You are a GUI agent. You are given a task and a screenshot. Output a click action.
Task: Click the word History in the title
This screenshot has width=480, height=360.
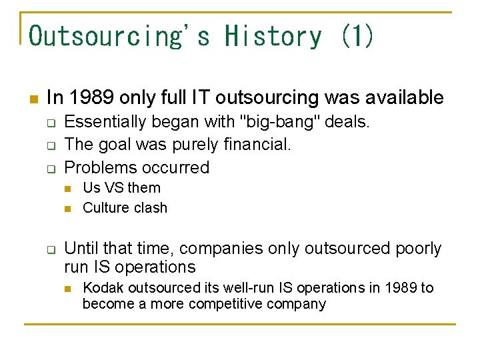click(x=273, y=36)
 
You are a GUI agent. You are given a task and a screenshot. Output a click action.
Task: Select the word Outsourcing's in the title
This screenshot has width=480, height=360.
click(x=119, y=36)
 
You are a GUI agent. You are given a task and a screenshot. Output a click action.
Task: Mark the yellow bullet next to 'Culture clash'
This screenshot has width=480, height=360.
click(x=69, y=209)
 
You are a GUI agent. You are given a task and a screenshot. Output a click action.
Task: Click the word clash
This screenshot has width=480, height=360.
click(x=150, y=207)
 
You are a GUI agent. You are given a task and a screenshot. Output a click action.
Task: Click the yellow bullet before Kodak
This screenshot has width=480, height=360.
click(x=69, y=289)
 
